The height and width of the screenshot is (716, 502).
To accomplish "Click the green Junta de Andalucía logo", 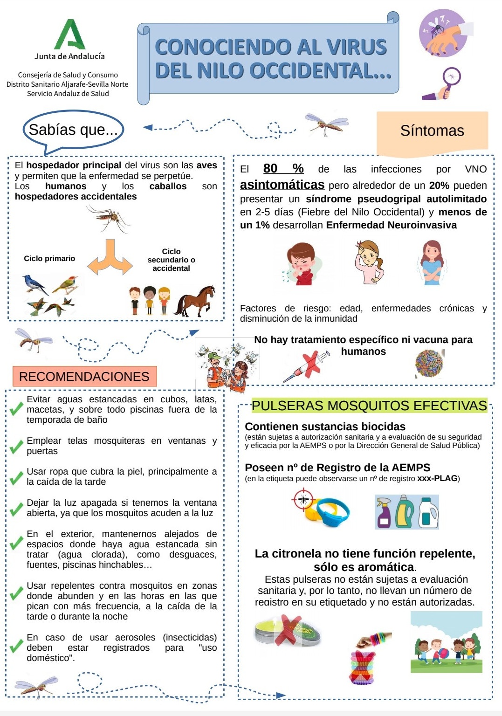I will point(70,34).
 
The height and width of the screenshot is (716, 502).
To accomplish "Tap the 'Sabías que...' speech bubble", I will point(73,130).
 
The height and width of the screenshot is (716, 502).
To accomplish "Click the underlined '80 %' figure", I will point(283,169).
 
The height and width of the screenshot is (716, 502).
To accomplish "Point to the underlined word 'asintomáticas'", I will point(282,185).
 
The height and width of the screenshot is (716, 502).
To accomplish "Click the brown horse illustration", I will point(195,301).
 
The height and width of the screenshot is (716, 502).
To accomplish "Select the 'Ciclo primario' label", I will point(49,259).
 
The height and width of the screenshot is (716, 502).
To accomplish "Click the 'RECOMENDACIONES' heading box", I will point(84,376).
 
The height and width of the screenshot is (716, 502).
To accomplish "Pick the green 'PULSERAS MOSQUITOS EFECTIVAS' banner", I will point(369,406).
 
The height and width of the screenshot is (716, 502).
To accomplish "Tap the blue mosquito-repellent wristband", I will point(332,511).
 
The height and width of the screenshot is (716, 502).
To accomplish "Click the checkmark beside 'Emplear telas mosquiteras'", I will point(16,446).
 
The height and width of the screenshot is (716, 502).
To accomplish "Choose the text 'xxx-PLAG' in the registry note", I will point(437,478).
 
